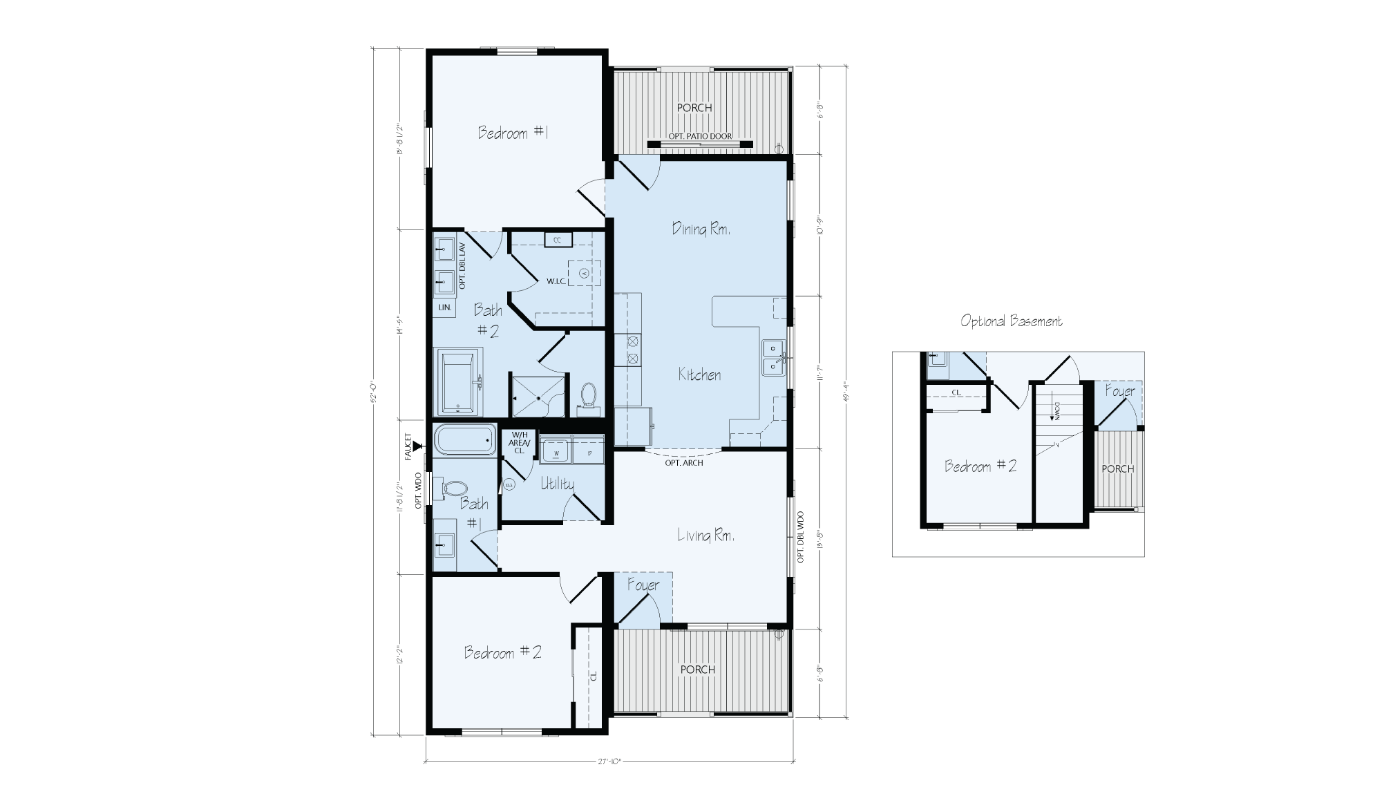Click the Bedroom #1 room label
coord(513,133)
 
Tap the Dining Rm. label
coord(701,229)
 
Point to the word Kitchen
coord(699,375)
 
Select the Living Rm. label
coord(705,535)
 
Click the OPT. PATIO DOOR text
coord(699,137)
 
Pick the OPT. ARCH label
coord(683,463)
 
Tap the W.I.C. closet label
coord(557,281)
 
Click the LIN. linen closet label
coord(444,307)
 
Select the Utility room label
coord(557,484)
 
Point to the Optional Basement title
coord(1012,321)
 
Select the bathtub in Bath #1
coord(465,439)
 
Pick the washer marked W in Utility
coord(556,450)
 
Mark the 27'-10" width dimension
coord(609,761)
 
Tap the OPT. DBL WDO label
coord(801,538)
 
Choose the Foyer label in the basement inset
coord(1119,391)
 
